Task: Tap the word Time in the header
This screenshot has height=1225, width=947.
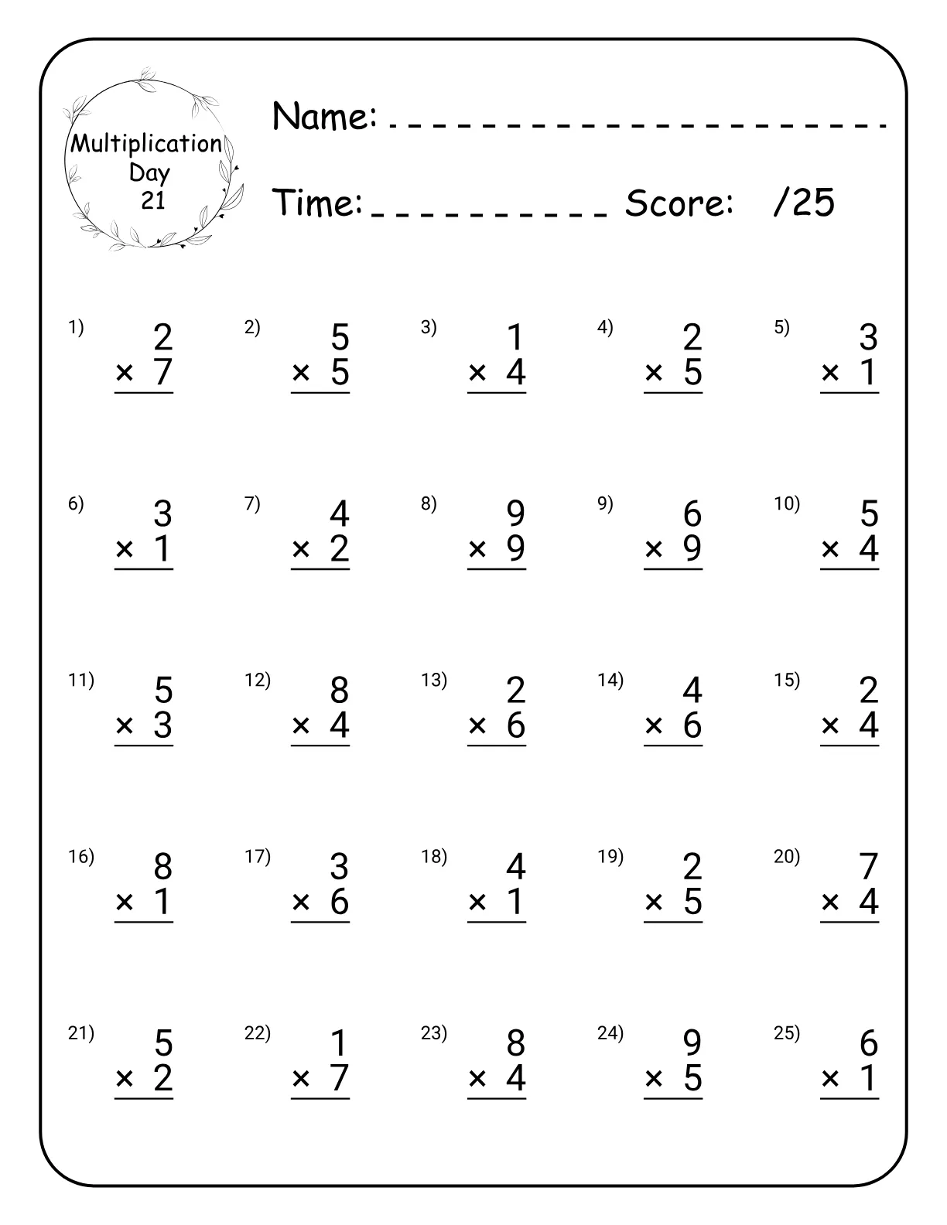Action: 318,203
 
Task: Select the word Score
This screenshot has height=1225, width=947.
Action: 679,203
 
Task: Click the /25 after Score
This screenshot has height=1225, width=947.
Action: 804,203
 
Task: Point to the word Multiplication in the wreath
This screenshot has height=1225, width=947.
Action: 146,144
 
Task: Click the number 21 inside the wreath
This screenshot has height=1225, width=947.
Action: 153,201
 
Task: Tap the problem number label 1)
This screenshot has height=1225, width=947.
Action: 76,327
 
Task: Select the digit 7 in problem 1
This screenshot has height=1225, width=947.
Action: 162,373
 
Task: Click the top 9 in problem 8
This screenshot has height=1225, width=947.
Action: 515,514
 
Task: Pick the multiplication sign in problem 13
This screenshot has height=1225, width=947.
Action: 477,725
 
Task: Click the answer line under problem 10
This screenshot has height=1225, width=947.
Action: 850,570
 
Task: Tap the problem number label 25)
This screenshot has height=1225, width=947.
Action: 787,1032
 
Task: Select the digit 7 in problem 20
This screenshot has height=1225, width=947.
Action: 869,866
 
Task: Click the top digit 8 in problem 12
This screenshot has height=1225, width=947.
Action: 339,690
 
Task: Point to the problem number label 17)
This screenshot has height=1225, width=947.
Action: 258,856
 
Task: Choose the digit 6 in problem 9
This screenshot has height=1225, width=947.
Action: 692,514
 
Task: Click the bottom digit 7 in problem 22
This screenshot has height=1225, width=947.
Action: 339,1078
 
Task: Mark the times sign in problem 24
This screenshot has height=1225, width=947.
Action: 654,1078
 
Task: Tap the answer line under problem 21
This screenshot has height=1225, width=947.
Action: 144,1099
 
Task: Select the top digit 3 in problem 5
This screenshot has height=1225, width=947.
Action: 869,337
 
